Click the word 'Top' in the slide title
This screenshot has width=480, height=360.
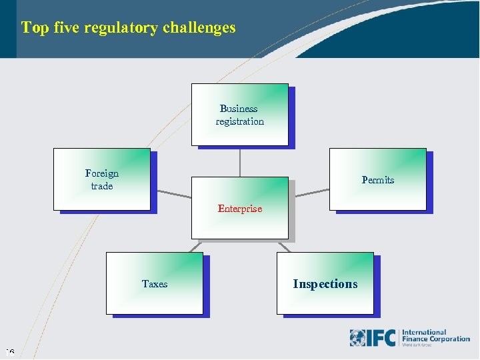tap(33, 28)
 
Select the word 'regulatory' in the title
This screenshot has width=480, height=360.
tap(119, 28)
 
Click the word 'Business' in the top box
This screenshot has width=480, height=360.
tap(239, 109)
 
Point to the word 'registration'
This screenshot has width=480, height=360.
tap(240, 121)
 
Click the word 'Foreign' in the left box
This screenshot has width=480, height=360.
tap(102, 173)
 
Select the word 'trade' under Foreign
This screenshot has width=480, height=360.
tap(102, 186)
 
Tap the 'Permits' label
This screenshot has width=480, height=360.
tap(378, 180)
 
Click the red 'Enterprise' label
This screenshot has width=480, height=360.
tap(240, 209)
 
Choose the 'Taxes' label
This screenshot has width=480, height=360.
tap(155, 284)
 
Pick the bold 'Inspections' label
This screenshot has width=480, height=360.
tap(325, 284)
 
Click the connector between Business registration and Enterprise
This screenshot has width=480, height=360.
tap(240, 161)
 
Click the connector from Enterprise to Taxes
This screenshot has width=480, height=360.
tap(195, 246)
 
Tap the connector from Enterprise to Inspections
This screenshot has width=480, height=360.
tap(284, 246)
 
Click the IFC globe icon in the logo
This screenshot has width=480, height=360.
tap(358, 338)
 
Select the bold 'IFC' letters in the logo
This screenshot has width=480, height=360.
tap(383, 338)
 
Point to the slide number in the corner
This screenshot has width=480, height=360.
tap(10, 352)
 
